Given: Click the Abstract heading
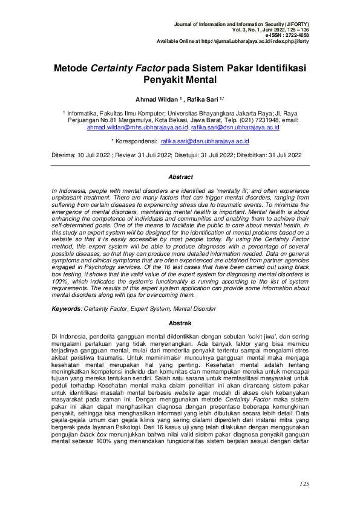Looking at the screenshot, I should coord(180,177).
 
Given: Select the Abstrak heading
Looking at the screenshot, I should coord(180,323).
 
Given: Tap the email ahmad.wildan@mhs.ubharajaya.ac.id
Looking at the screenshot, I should coord(137,128).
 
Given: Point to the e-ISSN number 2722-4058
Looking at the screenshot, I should coord(295,35).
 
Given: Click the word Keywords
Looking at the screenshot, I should coord(65,309).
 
